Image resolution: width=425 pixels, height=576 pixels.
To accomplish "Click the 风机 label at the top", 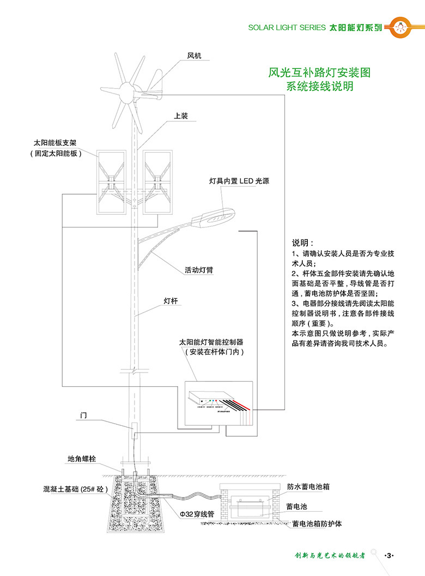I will tap(195, 55).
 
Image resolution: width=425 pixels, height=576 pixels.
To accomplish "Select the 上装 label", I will tap(181, 116).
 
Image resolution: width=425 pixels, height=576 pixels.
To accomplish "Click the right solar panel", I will tap(157, 182).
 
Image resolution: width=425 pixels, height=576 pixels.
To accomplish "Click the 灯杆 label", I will tap(171, 300).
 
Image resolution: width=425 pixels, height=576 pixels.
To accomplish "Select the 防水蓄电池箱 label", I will tap(308, 487).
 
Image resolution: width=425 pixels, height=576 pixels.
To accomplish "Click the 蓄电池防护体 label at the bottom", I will tap(317, 524).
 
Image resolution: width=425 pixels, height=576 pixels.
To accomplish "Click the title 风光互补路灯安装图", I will tap(320, 72).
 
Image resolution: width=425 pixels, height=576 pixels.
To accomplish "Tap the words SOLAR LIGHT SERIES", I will tap(286, 27).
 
